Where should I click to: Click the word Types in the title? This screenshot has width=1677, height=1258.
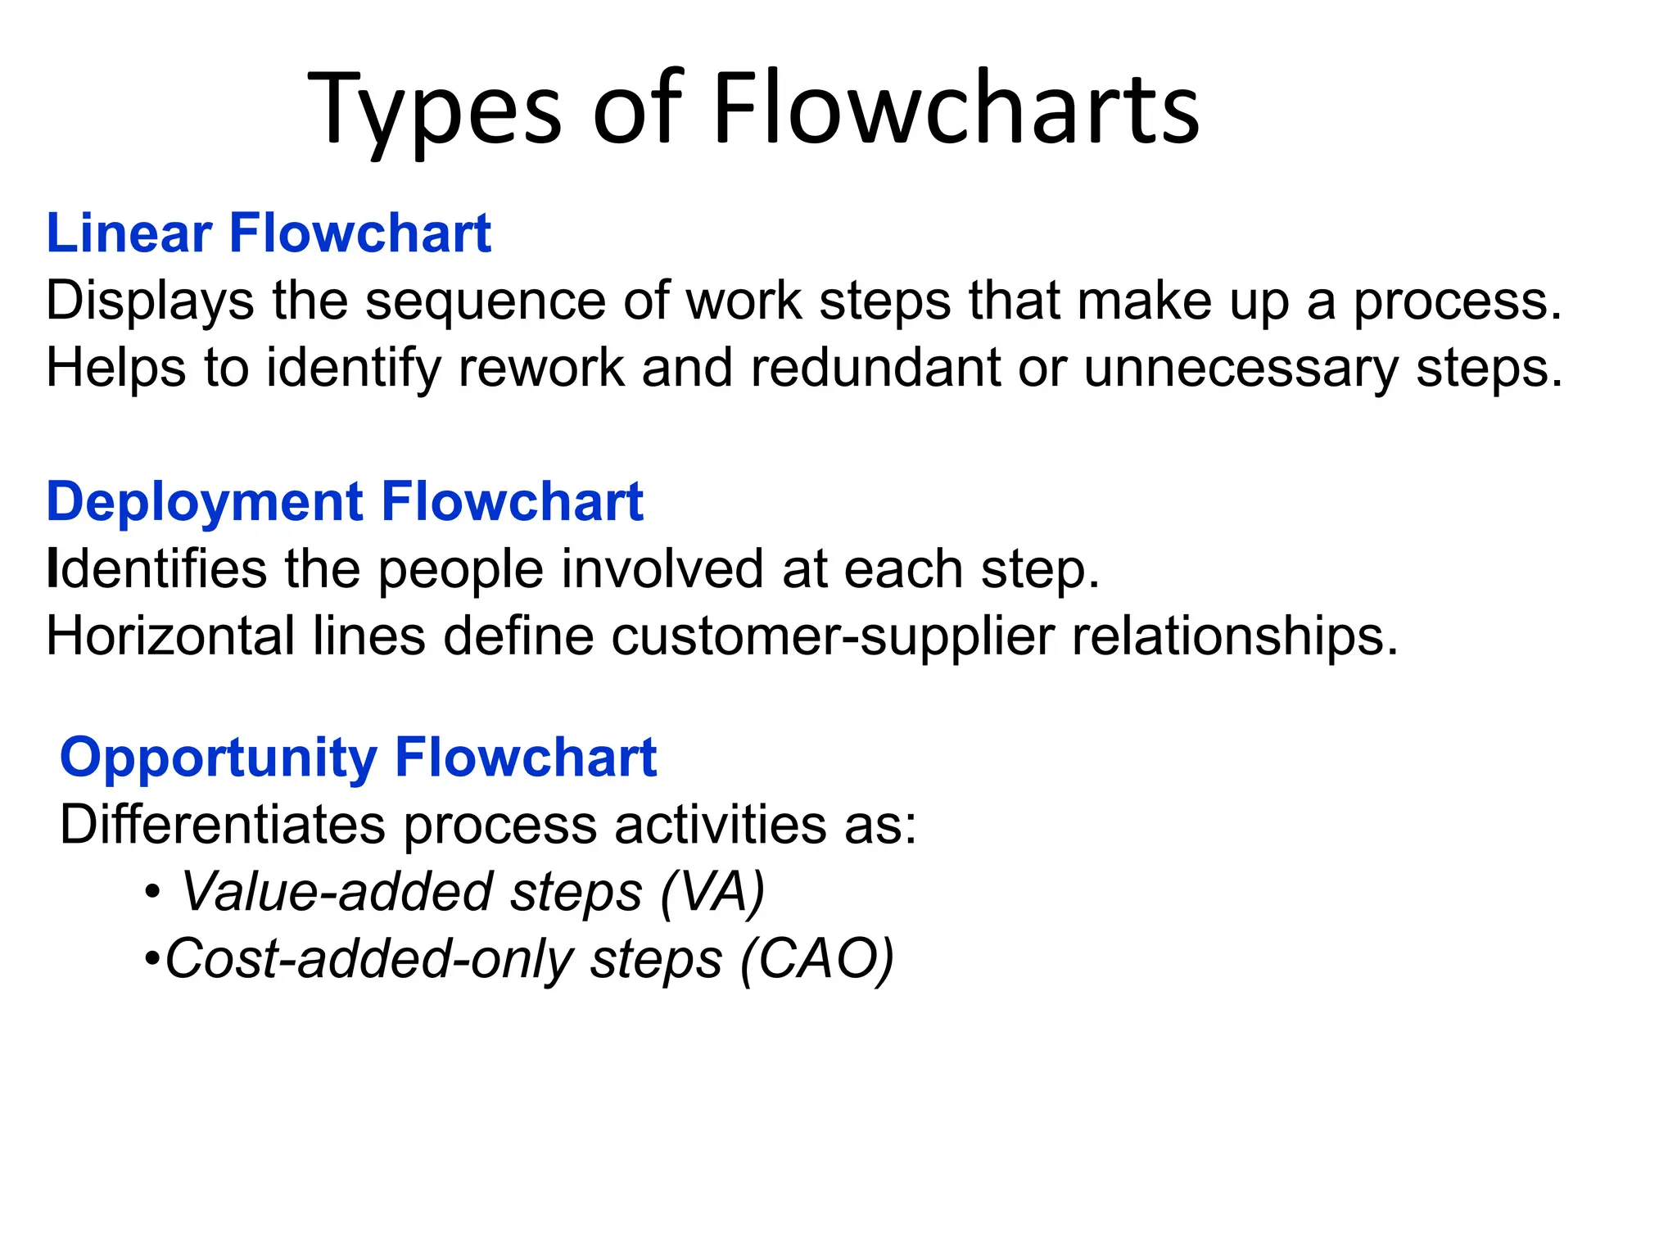coord(434,111)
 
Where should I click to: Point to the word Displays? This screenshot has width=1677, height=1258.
coord(150,301)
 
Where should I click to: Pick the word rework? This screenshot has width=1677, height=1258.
coord(541,368)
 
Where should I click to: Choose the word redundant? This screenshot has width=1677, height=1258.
coord(875,368)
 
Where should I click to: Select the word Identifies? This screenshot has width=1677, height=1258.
coord(156,568)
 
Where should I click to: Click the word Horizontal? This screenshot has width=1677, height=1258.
coord(170,636)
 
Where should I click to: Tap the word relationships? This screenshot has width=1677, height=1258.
coord(1235,637)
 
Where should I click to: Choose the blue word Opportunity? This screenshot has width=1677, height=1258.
coord(218,758)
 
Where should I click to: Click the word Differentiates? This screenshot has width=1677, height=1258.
coord(223,824)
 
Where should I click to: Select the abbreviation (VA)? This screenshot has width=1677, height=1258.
coord(712,891)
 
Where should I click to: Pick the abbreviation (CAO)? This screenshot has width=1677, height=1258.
coord(816,958)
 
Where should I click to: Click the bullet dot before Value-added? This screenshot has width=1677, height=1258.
coord(151,892)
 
